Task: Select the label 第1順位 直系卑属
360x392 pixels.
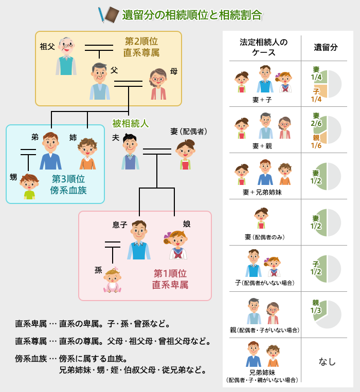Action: pyautogui.click(x=170, y=278)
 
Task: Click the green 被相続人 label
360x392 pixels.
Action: pyautogui.click(x=131, y=123)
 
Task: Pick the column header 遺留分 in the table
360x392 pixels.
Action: pyautogui.click(x=326, y=47)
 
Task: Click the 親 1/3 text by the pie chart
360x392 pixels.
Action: pyautogui.click(x=316, y=307)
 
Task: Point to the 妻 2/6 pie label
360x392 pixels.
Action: pyautogui.click(x=316, y=120)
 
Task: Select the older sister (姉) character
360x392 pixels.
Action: pyautogui.click(x=87, y=154)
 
